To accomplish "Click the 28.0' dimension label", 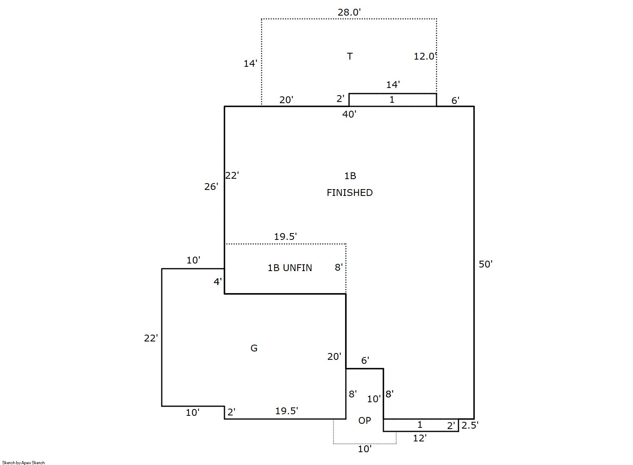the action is tap(349, 12).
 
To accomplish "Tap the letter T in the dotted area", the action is tap(350, 56).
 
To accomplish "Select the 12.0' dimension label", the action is tap(425, 56).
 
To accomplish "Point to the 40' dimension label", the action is tap(349, 114).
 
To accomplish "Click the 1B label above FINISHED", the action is tap(350, 176).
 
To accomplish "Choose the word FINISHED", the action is tap(349, 193).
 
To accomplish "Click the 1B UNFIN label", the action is tap(290, 268).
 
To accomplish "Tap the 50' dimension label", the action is tap(486, 264).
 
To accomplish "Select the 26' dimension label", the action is tap(211, 187).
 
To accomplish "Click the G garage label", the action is tap(254, 348).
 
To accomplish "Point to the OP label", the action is tap(365, 421).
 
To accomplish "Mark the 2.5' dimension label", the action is tap(470, 425).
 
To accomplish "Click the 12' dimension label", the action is tap(420, 438).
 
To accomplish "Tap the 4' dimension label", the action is tap(218, 282).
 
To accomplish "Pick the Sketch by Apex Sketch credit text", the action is tap(24, 463).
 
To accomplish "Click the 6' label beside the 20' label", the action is tap(365, 360).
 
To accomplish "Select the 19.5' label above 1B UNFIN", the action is tap(286, 236).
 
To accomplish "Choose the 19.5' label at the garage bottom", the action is tap(286, 411).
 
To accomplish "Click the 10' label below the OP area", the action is tap(365, 449).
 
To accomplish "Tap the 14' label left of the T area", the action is tap(250, 64).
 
